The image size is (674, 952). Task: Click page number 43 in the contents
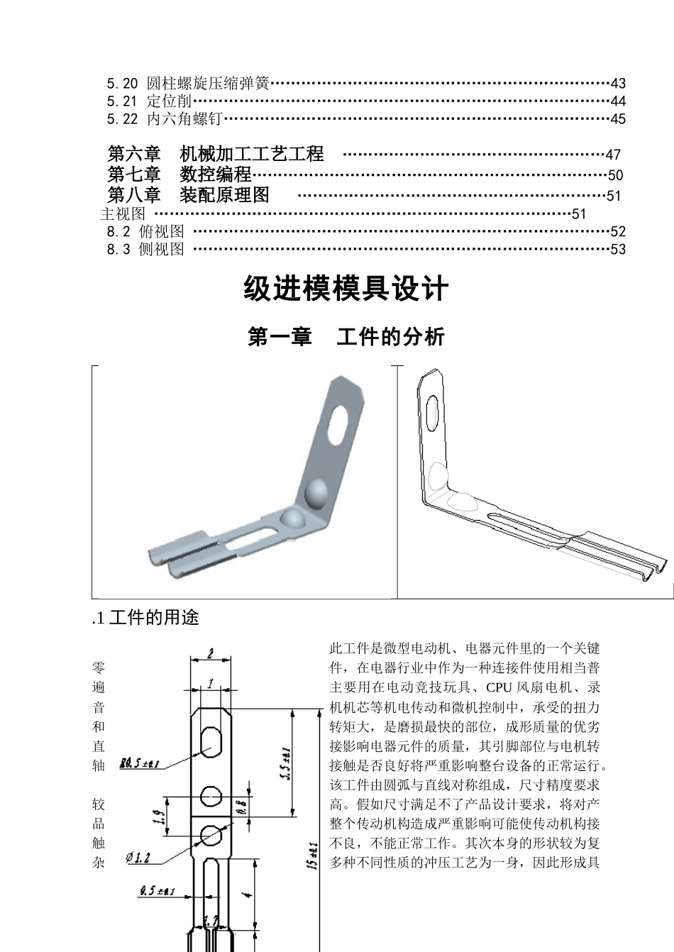[x=617, y=84]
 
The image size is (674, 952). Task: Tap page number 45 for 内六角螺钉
[x=617, y=119]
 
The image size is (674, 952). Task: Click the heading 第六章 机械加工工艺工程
[x=216, y=154]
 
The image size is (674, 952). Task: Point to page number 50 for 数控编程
[x=615, y=175]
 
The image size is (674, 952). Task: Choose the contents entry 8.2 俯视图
[x=145, y=231]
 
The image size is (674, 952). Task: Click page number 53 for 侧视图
[x=617, y=249]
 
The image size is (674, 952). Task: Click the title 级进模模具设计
[x=346, y=289]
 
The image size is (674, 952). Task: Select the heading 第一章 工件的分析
[x=346, y=336]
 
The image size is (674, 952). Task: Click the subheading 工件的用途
[x=153, y=619]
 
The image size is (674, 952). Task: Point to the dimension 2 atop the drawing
[x=211, y=655]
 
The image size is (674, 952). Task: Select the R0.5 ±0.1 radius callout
[x=140, y=763]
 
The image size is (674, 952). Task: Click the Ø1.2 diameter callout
[x=138, y=858]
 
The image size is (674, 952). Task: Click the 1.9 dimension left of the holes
[x=159, y=818]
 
